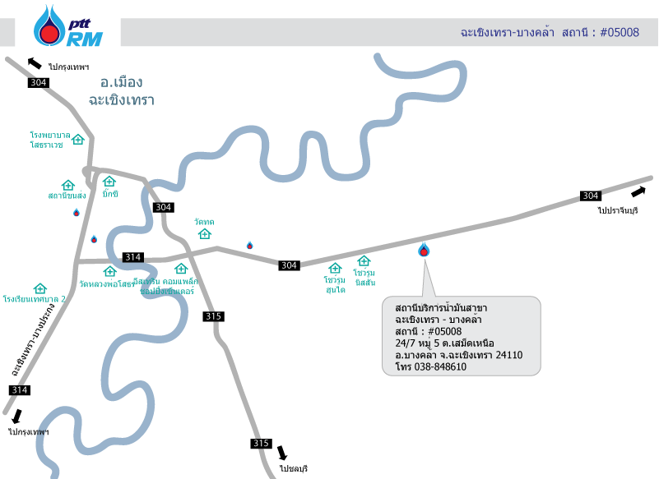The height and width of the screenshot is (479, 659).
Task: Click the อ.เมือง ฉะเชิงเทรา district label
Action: pos(122,90)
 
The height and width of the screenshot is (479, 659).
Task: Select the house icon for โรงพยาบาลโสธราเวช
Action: pos(78,139)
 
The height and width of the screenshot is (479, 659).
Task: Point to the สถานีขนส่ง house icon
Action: pos(67,186)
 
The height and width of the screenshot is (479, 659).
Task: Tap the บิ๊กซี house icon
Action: pos(109,182)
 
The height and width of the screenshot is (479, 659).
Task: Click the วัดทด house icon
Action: pos(205,234)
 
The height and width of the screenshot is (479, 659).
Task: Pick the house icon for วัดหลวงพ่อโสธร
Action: pos(109,271)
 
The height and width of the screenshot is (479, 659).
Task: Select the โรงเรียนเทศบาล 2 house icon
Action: pos(39,288)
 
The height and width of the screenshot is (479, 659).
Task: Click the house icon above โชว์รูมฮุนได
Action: pos(335,268)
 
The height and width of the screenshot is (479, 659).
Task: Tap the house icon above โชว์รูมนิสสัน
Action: pos(364,260)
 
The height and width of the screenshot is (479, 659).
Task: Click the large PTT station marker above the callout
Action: pos(424,249)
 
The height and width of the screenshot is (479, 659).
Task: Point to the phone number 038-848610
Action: pos(442,367)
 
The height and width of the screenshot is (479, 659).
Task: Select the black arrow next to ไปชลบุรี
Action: pos(283,453)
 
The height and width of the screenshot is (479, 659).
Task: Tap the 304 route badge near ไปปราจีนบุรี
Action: pos(590,196)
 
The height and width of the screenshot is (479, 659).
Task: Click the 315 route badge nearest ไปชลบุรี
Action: pos(261,444)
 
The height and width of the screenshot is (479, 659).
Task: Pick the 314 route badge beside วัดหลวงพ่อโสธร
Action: pos(132,257)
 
